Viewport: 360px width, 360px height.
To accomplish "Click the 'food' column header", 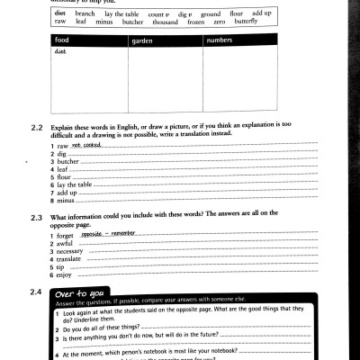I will point(62,41).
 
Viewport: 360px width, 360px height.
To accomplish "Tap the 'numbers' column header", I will point(219,41).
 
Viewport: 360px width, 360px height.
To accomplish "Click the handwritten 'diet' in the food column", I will point(60,51).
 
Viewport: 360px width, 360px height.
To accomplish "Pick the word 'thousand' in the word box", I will point(166,21).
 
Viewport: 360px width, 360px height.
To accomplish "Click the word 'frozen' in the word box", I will point(194,21).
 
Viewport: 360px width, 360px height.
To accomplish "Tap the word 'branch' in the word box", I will point(85,14).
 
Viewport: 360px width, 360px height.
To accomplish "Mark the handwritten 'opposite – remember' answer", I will point(107,232).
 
